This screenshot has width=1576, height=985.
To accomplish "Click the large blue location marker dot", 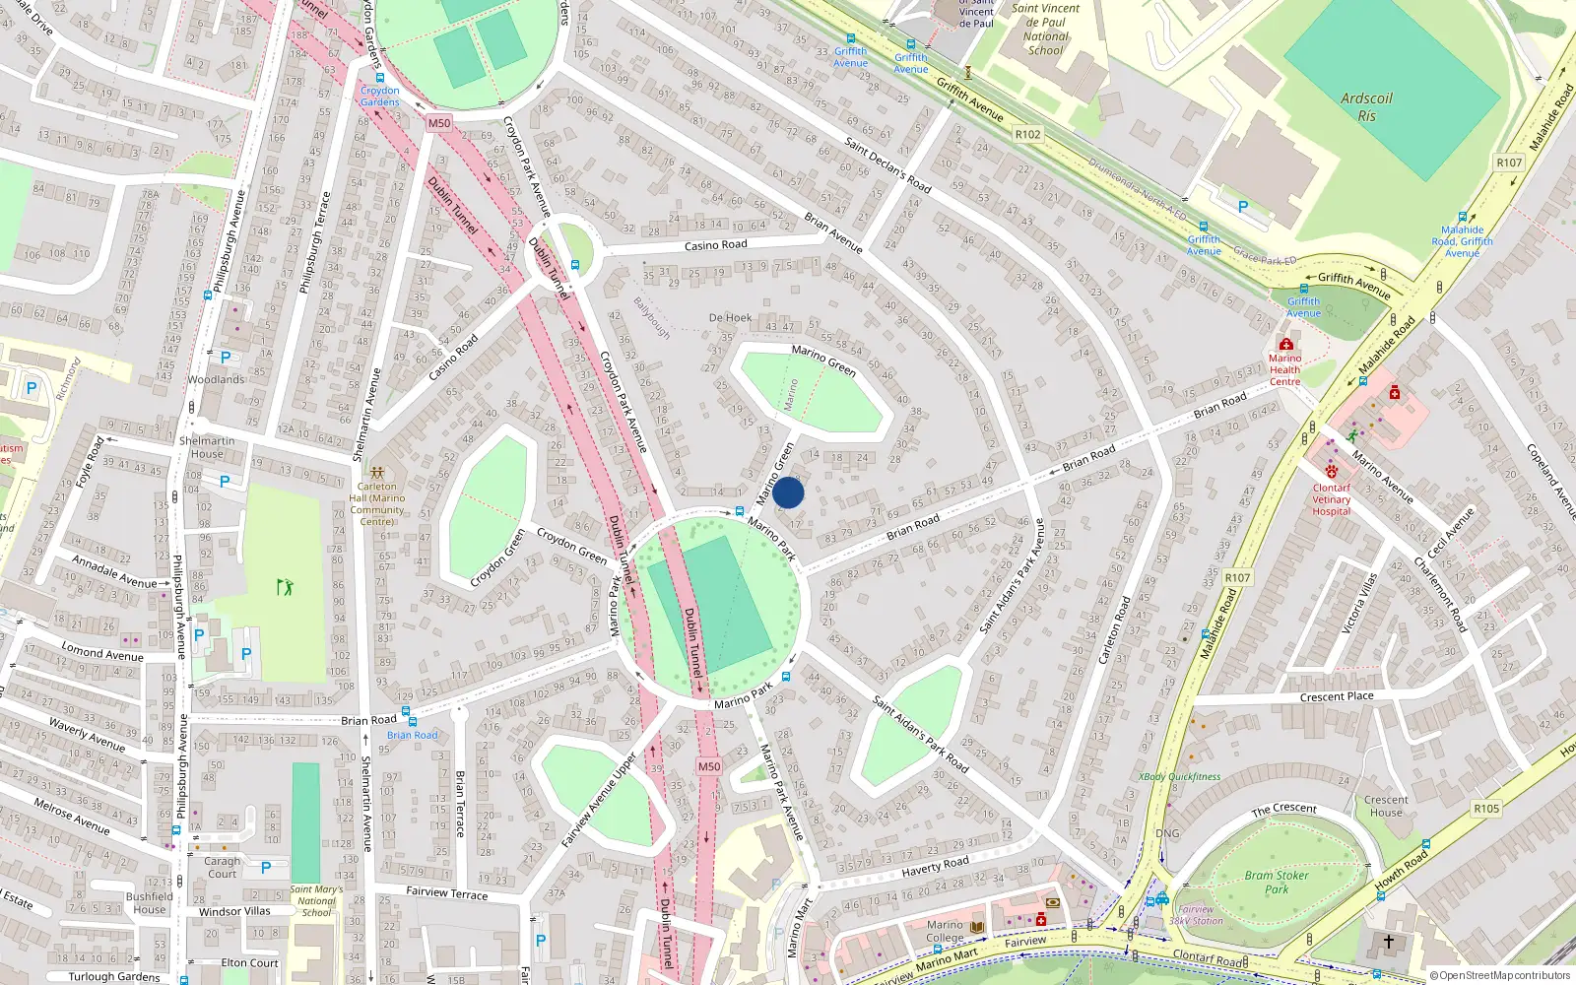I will pos(788,492).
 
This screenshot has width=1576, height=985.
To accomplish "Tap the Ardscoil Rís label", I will pos(1366,106).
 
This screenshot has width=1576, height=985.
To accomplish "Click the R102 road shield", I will pos(1027,134).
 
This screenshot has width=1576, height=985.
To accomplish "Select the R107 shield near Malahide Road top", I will pos(1508,163).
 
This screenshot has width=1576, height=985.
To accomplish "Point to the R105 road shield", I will pos(1485,809).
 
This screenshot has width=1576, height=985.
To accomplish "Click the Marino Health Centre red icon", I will pos(1285,345).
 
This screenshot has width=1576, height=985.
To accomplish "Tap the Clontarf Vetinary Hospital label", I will pos(1331,499).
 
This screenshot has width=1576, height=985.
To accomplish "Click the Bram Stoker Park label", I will pos(1277,882).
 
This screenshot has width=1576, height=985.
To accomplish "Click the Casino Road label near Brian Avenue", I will pos(715,245).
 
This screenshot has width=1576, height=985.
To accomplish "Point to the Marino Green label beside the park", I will pos(823,360).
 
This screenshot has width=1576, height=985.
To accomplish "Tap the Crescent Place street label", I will pos(1336,696).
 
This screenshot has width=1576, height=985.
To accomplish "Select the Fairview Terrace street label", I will pos(446,892).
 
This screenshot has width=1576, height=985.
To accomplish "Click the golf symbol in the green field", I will pos(285,587).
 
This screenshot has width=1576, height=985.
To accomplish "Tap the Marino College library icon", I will pos(977,927).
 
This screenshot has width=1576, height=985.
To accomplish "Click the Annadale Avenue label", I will pos(113,572).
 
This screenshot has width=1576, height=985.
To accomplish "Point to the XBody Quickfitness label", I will pos(1179,776).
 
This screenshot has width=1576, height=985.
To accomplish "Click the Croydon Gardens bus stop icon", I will pos(379,78).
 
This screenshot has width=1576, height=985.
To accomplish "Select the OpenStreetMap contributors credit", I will pos(1500,975).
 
